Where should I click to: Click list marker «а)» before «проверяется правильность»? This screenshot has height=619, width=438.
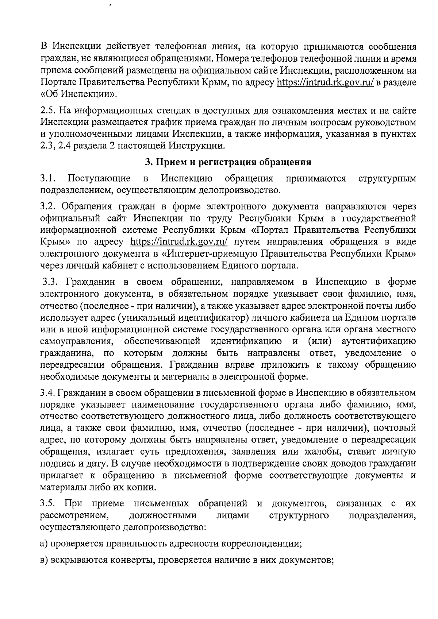[x=44, y=544]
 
